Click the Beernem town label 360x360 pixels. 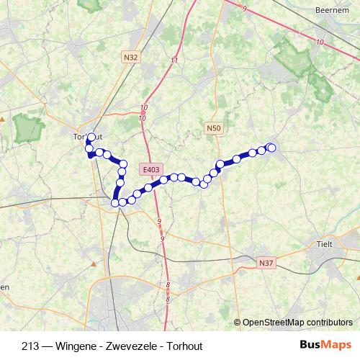[x=332, y=10]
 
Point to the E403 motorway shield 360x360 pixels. [x=151, y=169]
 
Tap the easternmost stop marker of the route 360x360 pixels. [x=271, y=148]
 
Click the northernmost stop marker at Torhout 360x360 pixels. [x=91, y=137]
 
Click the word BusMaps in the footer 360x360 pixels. [x=326, y=343]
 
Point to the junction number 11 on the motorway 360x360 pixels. [x=174, y=60]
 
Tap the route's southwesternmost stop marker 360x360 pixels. [x=114, y=203]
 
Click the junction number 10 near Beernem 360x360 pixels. [x=319, y=42]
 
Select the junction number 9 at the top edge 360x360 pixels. [x=245, y=8]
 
